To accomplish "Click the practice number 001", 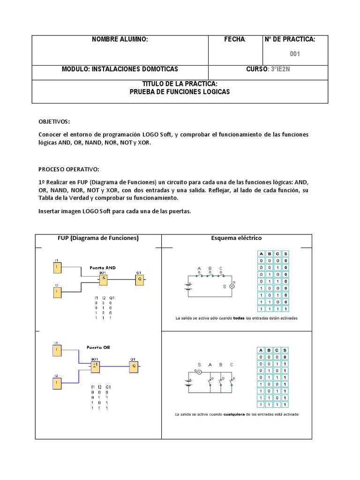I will click(x=294, y=54).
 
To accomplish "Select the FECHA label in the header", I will click(x=235, y=39).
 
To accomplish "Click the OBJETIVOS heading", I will click(x=54, y=121).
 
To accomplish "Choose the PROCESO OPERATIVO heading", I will click(x=69, y=169).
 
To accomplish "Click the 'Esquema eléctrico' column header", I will click(x=237, y=238).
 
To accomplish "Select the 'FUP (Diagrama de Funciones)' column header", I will click(x=98, y=238).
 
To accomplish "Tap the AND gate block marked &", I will click(x=103, y=279).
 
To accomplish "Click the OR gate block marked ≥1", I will click(x=96, y=366).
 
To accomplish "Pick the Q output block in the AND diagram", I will click(x=139, y=279).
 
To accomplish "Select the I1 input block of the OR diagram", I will click(x=57, y=350).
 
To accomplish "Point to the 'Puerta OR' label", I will click(x=98, y=347).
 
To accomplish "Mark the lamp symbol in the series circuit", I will click(x=231, y=286).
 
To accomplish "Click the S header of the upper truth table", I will click(x=285, y=253).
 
